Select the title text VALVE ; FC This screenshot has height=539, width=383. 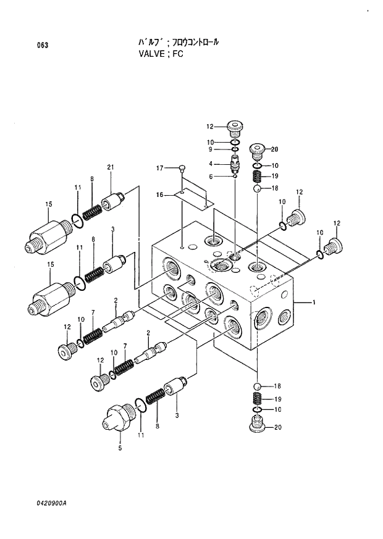coord(161,54)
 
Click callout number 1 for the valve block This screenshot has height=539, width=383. coord(314,302)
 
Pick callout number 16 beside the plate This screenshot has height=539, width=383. coord(159,194)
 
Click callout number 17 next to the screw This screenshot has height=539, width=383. coord(159,168)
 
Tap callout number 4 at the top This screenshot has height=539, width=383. coord(211,164)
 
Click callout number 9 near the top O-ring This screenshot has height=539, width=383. coord(210,149)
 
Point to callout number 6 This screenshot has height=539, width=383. coord(211,177)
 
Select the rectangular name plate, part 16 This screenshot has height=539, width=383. coord(192,197)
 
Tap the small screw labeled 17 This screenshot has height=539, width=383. coord(181,167)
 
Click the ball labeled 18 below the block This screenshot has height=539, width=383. coord(256,385)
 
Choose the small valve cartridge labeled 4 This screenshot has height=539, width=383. coord(235,164)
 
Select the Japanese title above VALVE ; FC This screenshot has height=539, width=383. coord(179,42)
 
